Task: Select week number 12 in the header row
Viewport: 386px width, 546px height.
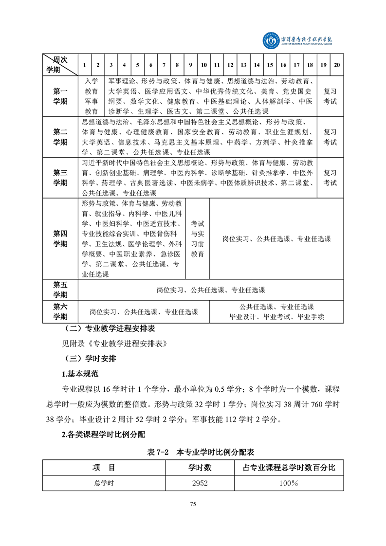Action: coord(230,65)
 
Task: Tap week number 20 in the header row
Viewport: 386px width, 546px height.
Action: coord(337,65)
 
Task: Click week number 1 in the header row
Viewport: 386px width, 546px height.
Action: coord(85,65)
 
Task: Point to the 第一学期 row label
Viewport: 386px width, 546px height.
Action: coord(60,96)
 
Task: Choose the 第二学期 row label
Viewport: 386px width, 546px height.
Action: coord(60,137)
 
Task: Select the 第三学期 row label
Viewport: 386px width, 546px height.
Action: coord(60,177)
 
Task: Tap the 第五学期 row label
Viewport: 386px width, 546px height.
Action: coord(60,290)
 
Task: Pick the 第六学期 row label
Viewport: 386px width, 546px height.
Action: coord(60,311)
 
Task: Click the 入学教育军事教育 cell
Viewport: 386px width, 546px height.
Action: coord(92,96)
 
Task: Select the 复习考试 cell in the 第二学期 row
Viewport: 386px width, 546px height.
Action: coord(330,137)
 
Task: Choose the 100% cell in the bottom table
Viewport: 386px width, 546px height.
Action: coord(289,483)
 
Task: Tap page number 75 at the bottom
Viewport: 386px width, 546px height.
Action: coord(193,504)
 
